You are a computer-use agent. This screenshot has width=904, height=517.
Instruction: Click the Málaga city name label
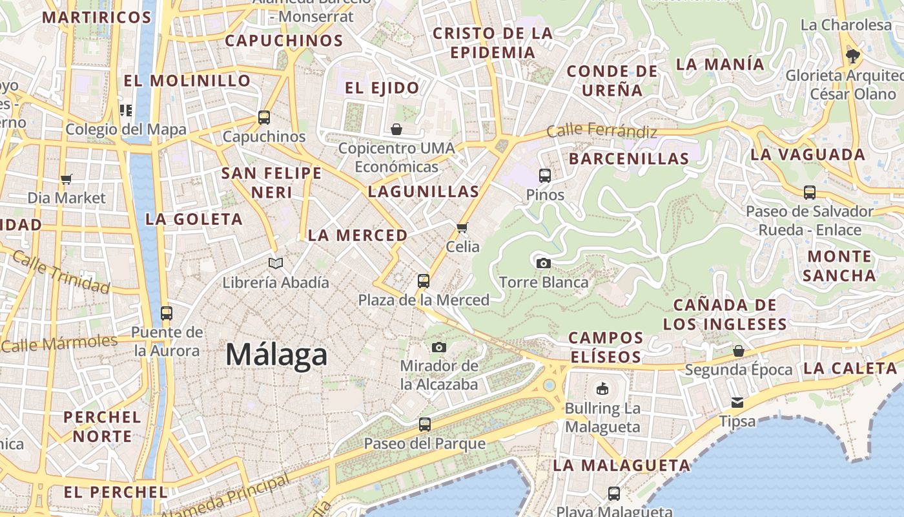276,355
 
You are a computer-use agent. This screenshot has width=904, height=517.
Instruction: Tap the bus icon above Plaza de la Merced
424,281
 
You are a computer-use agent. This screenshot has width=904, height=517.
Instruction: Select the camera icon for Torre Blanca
544,263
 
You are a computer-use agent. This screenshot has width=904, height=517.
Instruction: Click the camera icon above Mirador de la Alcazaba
439,347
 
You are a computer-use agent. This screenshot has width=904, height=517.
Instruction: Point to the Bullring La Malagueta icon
602,388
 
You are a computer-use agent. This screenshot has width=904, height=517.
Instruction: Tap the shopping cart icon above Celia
462,227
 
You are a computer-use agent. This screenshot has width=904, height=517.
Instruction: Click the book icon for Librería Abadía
276,263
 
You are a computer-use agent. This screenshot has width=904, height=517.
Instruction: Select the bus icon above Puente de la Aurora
167,313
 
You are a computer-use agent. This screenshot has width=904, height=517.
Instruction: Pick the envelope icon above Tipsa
737,403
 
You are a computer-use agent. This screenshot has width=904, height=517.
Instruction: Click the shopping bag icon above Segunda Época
739,351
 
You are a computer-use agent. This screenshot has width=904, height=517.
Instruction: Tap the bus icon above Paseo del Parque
425,425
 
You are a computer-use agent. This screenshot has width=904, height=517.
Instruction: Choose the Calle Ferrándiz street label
602,131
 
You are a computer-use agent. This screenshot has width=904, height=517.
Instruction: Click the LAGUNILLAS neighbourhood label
424,191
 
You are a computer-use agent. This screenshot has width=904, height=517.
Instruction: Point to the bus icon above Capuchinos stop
264,118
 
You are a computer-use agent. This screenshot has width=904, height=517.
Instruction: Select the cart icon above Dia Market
67,179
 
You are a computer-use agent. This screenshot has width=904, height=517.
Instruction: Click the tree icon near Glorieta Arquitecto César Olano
852,56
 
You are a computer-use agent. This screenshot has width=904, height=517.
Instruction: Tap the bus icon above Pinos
545,175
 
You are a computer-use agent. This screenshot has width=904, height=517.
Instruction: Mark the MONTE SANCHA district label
839,266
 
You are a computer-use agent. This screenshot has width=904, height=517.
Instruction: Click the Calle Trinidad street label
61,272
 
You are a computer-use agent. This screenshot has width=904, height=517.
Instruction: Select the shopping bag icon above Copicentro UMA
396,129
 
